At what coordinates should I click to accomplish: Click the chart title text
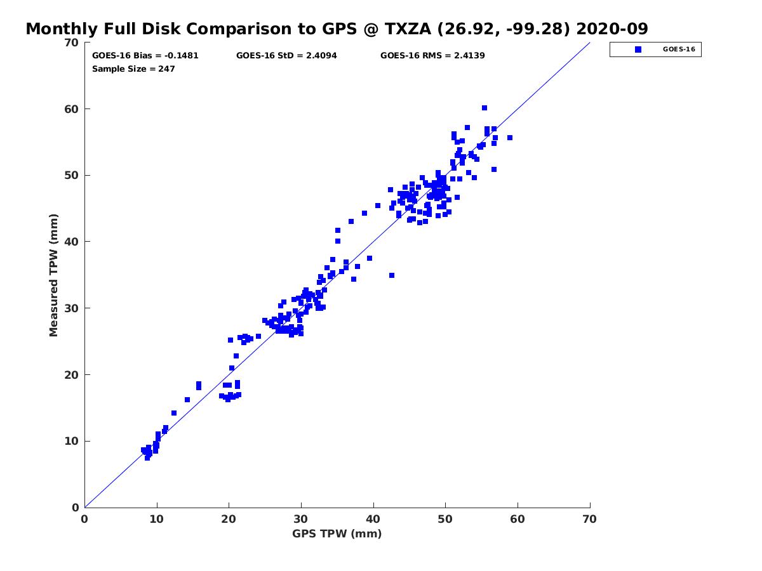[x=337, y=29]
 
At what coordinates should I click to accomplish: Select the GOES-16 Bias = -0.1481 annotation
[x=145, y=55]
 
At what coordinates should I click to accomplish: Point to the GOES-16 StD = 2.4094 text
[x=286, y=55]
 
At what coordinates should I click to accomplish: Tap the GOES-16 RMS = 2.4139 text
[x=432, y=55]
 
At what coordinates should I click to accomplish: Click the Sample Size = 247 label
[x=133, y=69]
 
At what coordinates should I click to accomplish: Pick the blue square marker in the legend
[x=638, y=49]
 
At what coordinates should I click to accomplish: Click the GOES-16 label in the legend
[x=679, y=49]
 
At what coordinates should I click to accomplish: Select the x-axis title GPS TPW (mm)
[x=337, y=534]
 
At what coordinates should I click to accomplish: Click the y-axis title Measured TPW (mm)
[x=53, y=275]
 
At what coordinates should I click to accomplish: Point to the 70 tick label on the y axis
[x=72, y=43]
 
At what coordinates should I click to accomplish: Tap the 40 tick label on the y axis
[x=72, y=242]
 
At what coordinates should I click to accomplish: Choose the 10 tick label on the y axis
[x=72, y=441]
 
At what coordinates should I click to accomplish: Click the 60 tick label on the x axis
[x=518, y=519]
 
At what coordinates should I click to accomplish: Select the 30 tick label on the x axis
[x=300, y=519]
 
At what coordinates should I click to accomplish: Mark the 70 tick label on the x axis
[x=589, y=519]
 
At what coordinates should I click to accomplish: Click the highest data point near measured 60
[x=485, y=108]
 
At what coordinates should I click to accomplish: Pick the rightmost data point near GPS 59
[x=510, y=138]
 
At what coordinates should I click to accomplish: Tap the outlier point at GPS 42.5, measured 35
[x=392, y=275]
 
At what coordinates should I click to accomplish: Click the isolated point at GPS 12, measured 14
[x=174, y=413]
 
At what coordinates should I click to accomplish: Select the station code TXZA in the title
[x=408, y=29]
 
